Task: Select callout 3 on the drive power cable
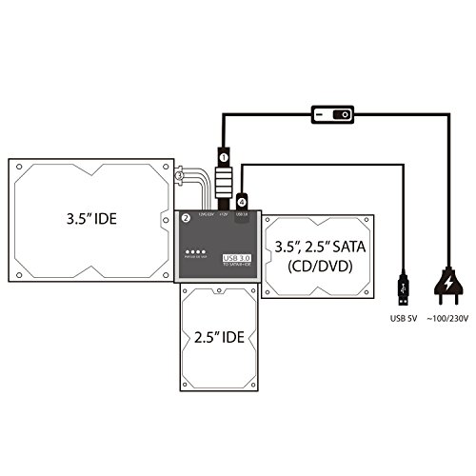178,174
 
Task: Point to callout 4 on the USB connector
243,201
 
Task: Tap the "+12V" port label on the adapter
224,214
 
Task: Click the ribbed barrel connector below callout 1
225,181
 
